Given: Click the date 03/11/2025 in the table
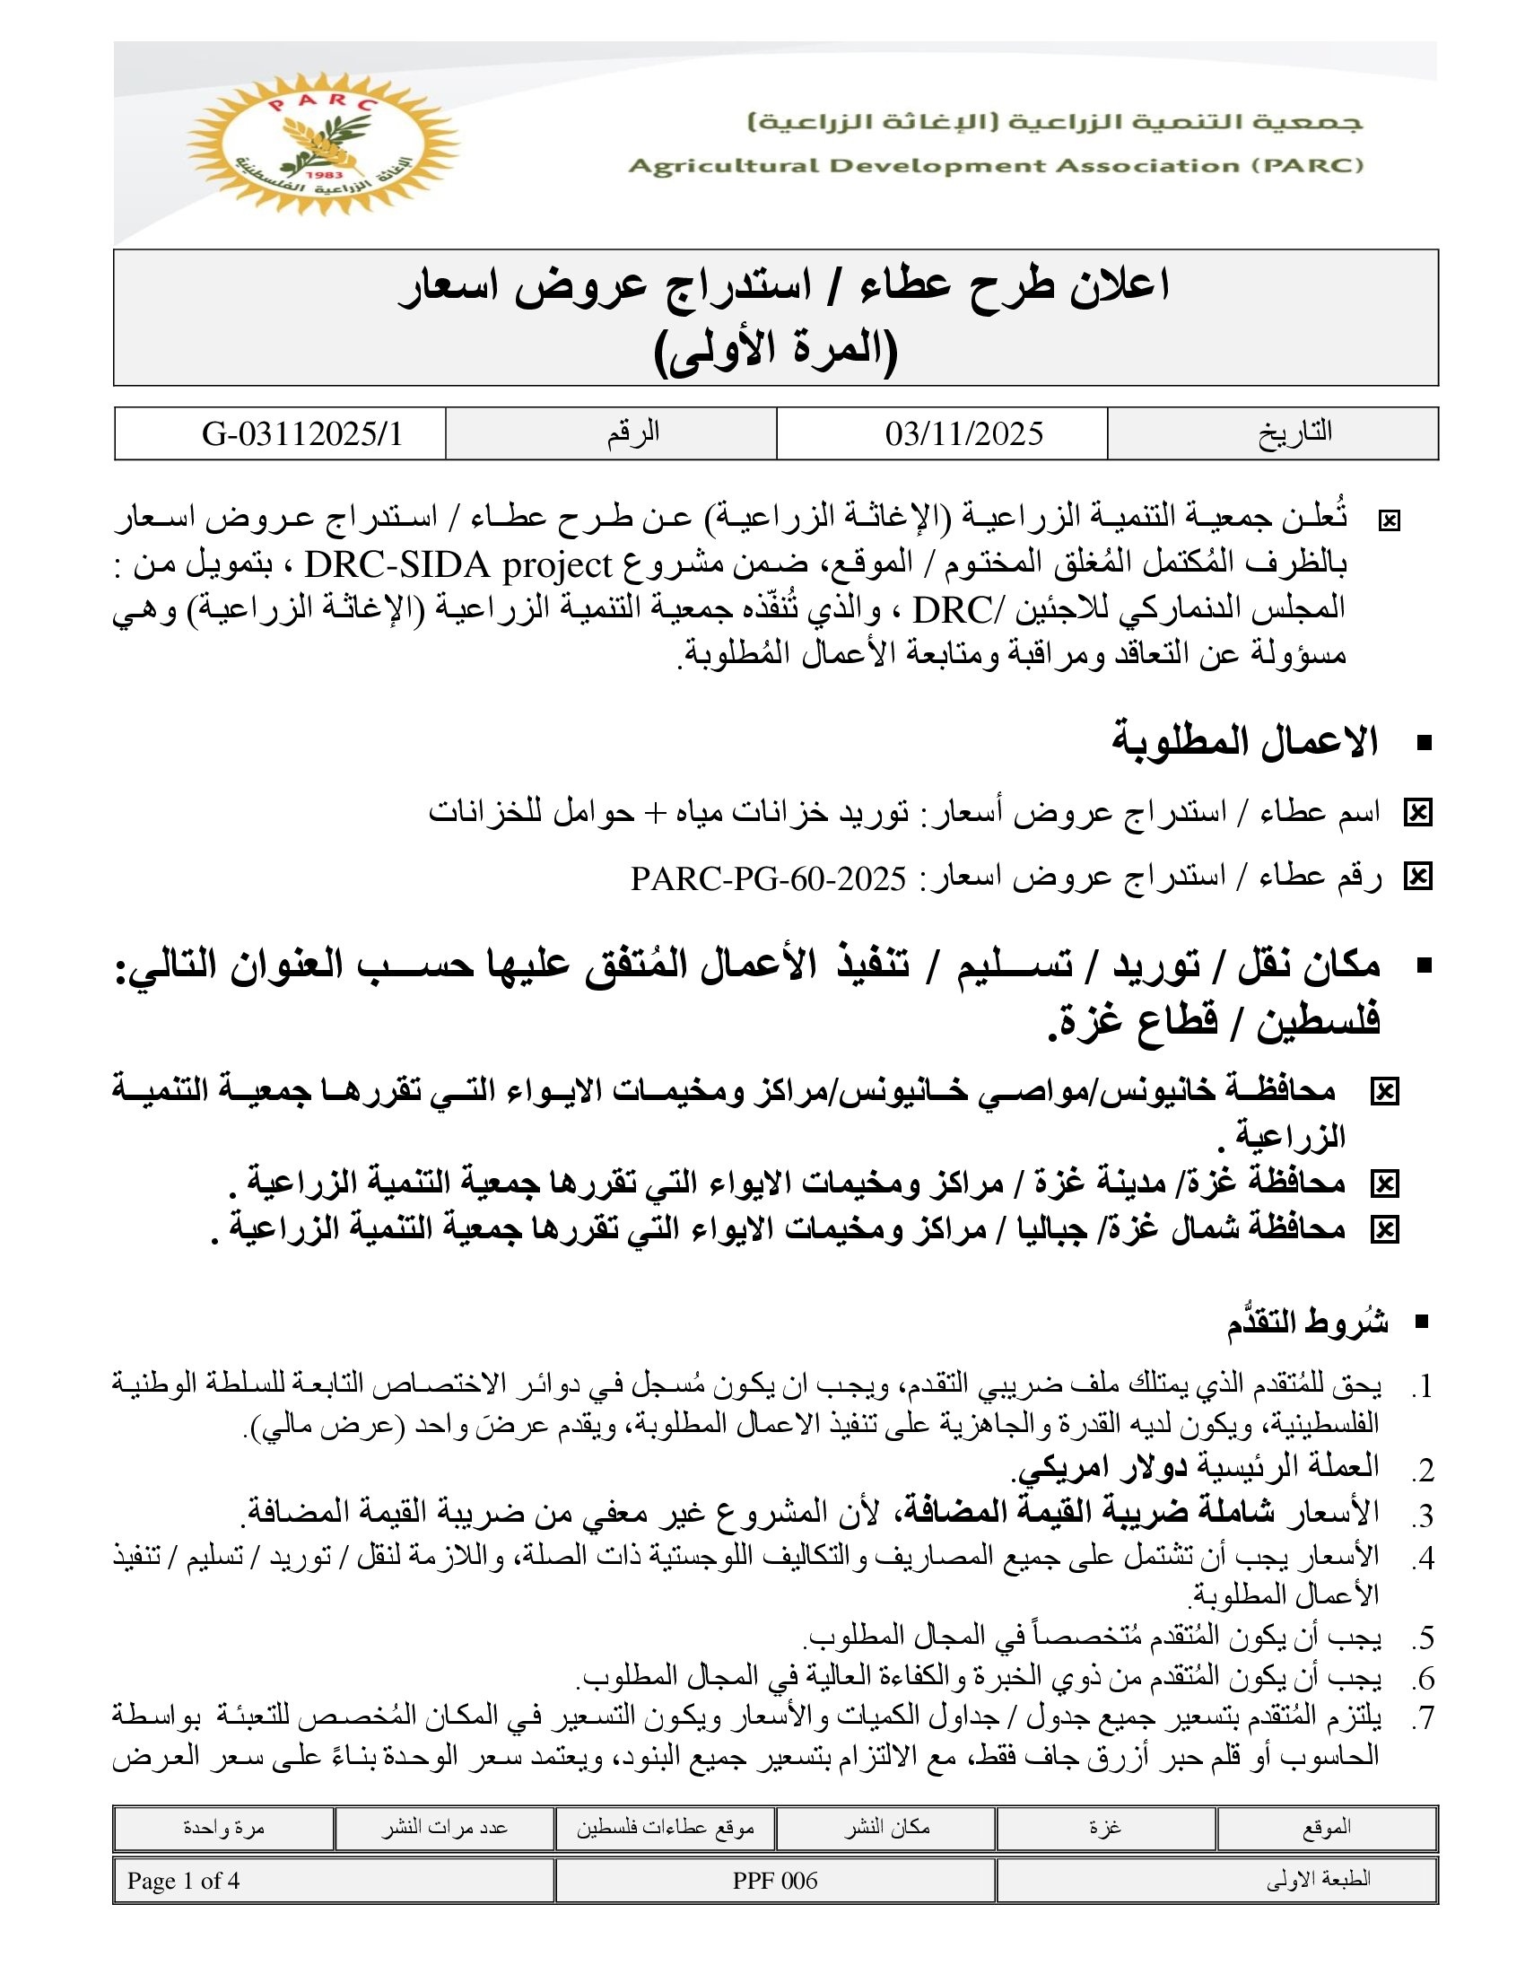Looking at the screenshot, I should (964, 434).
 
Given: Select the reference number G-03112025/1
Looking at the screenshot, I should (301, 434).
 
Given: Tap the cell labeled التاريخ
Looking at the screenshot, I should (1294, 433).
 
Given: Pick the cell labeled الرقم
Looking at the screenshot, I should (632, 433).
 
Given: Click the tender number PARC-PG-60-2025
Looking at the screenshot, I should (768, 878).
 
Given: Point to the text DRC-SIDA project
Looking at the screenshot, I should (460, 566).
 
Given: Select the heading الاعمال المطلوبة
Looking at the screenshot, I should (1244, 741).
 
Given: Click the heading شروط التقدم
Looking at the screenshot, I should (1307, 1323).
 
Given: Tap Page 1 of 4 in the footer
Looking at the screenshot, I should (183, 1881).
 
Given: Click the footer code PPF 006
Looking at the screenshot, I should (774, 1881).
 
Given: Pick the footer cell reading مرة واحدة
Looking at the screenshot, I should (223, 1828).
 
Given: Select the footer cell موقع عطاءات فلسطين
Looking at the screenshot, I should (665, 1828).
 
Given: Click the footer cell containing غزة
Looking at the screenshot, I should (1105, 1828).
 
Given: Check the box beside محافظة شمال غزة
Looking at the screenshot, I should (1384, 1229).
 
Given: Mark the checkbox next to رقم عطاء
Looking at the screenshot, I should (1417, 877).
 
